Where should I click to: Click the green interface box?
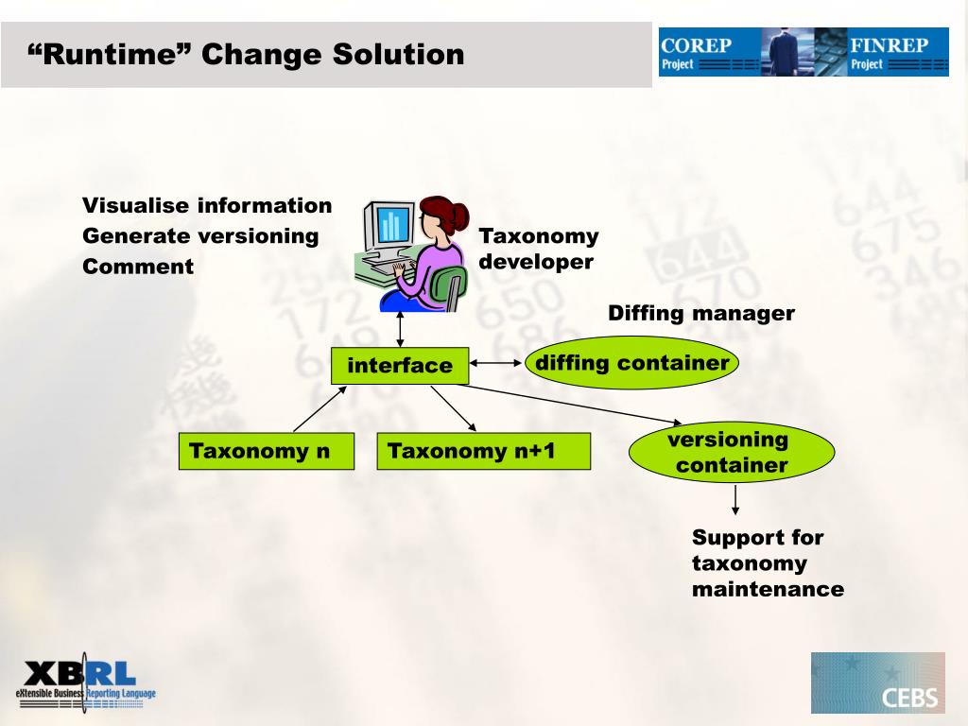click(x=399, y=366)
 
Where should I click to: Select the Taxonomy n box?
click(x=266, y=451)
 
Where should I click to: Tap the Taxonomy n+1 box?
click(x=483, y=451)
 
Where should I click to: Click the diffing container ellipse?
click(x=631, y=363)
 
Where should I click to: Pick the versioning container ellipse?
click(x=731, y=452)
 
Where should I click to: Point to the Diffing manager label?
click(x=700, y=313)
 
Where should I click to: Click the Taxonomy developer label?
click(x=538, y=249)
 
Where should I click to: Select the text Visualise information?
click(x=207, y=205)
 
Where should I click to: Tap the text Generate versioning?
click(x=200, y=235)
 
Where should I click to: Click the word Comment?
click(x=138, y=267)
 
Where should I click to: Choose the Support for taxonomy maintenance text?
click(x=767, y=563)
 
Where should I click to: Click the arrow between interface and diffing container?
click(x=496, y=362)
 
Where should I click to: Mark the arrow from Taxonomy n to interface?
click(x=320, y=408)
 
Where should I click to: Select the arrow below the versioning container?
click(x=735, y=499)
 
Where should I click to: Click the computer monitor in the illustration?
click(x=389, y=227)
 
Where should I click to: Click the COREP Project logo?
click(x=710, y=52)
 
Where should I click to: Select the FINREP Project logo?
click(x=897, y=52)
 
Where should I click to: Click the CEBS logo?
click(x=877, y=683)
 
